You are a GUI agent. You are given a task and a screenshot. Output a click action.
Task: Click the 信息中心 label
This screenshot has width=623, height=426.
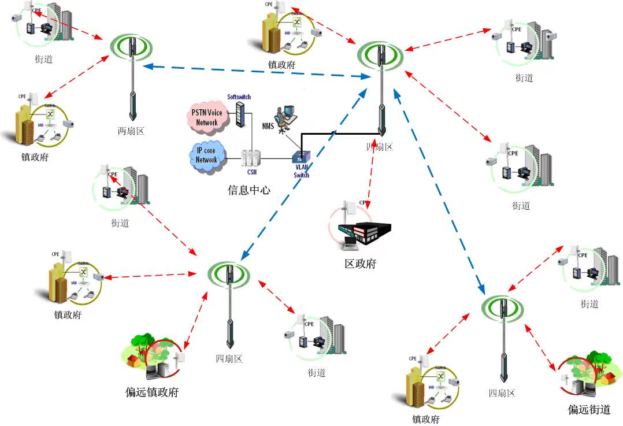pos(249,190)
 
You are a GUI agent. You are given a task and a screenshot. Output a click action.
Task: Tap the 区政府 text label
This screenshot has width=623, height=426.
pos(360,264)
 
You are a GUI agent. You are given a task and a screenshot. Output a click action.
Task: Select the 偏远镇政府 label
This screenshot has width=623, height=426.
pos(152,392)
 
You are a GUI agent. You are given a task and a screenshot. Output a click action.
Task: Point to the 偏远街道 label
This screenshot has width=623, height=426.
pos(589,410)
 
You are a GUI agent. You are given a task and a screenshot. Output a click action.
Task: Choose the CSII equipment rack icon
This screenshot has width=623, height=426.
pos(251,157)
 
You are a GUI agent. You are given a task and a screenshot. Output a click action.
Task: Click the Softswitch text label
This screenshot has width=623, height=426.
pos(239,97)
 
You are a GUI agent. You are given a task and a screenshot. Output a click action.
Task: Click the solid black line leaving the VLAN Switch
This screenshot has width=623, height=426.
pos(335,134)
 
